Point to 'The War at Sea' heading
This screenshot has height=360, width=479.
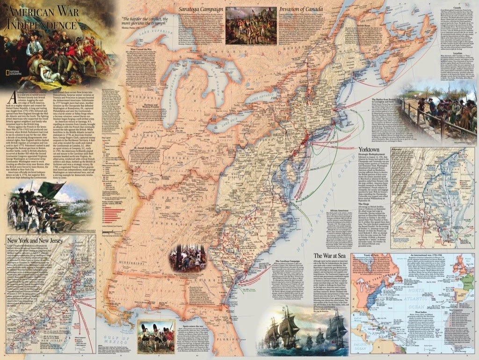coord(331,256)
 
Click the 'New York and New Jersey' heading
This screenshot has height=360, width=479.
coord(34,242)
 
